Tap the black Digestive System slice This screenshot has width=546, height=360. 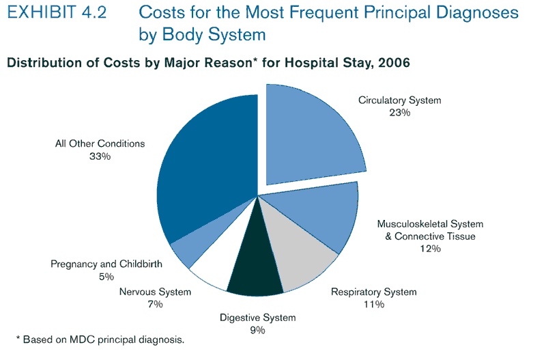coord(255,266)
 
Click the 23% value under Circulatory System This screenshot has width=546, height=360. coord(399,113)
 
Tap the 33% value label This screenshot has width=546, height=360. coord(100,156)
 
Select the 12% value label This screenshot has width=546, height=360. coord(430,249)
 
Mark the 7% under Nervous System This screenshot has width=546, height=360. coord(155,305)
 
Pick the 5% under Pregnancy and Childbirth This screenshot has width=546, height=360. coord(106,277)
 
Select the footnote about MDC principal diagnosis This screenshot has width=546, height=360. coord(100,339)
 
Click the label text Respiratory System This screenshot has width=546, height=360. coord(373,292)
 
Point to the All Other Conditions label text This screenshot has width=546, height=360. coord(100,144)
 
